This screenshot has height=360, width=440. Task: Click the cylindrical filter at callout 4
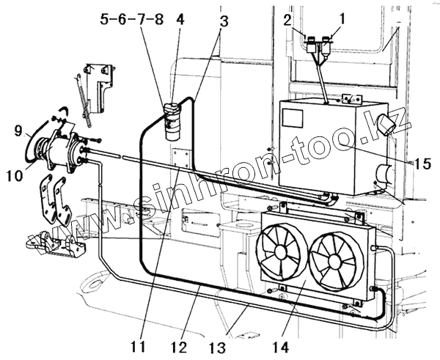(x=174, y=122)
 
